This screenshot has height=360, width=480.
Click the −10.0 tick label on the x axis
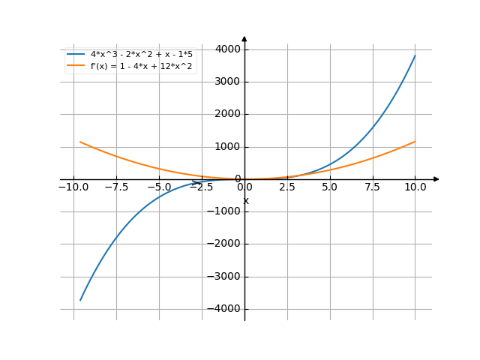pyautogui.click(x=73, y=186)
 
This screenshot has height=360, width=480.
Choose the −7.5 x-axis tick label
pyautogui.click(x=116, y=186)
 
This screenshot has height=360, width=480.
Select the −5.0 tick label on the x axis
pyautogui.click(x=159, y=186)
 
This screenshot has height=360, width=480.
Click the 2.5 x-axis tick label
pyautogui.click(x=287, y=186)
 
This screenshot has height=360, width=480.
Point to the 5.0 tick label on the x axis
pyautogui.click(x=329, y=186)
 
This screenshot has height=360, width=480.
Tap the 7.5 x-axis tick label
pyautogui.click(x=372, y=186)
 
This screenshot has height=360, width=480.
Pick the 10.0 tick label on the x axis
pyautogui.click(x=415, y=186)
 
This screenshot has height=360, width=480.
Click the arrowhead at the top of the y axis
pyautogui.click(x=244, y=37)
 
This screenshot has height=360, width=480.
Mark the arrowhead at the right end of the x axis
pyautogui.click(x=436, y=179)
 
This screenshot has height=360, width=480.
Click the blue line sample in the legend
pyautogui.click(x=76, y=55)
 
